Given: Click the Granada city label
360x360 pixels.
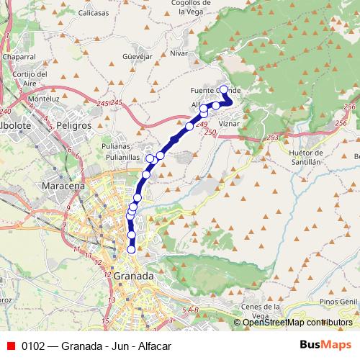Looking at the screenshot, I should tap(133, 276).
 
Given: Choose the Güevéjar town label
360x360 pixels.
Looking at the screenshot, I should tap(138, 55).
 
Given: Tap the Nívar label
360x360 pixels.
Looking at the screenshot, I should tap(179, 53).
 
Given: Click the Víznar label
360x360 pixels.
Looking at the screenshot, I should tap(228, 124).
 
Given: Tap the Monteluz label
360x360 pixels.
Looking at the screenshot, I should tap(44, 98).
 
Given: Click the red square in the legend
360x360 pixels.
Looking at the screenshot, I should tap(10, 345).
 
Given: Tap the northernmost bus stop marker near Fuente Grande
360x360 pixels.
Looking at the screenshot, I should tap(223, 89).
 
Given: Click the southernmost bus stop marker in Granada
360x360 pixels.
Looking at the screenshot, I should tap(132, 249).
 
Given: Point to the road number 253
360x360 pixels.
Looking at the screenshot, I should tap(272, 137).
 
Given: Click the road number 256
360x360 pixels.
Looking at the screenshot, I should tap(350, 107).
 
